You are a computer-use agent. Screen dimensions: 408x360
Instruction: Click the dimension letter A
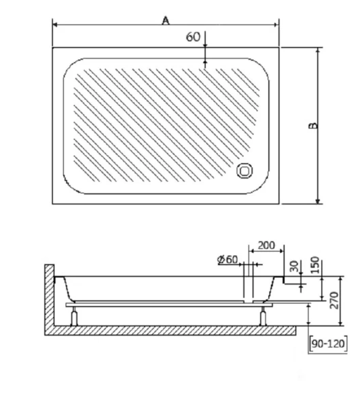(x=165, y=20)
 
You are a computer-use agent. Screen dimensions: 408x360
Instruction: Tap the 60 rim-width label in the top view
(x=193, y=37)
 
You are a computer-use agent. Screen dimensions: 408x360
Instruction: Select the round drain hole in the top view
(x=244, y=173)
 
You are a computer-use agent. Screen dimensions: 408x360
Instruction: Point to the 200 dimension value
(x=267, y=245)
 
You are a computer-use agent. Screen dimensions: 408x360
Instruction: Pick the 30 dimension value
(x=293, y=267)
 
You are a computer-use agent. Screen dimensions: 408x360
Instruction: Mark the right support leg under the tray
(x=263, y=316)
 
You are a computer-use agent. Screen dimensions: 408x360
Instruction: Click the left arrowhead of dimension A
(x=56, y=26)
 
